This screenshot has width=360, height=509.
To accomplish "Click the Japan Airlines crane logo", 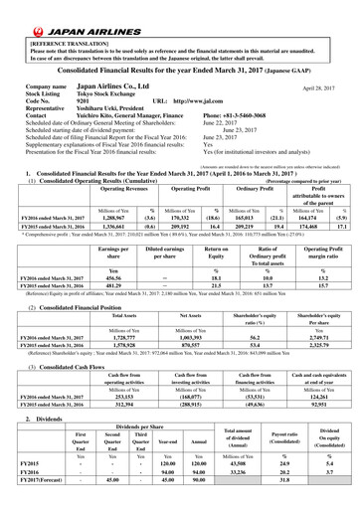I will [x=16, y=15].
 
